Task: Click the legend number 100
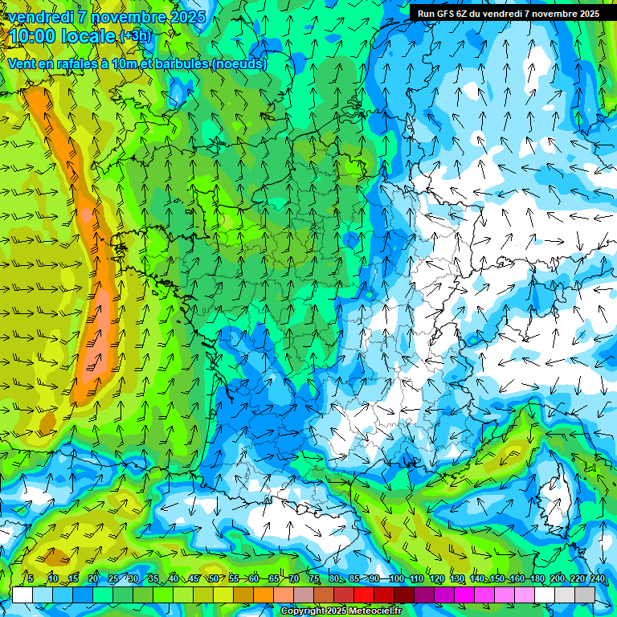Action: pyautogui.click(x=397, y=578)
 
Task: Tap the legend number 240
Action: pyautogui.click(x=598, y=578)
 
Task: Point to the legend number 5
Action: pyautogui.click(x=31, y=578)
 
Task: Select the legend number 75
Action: pyautogui.click(x=314, y=578)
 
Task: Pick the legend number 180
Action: pyautogui.click(x=537, y=578)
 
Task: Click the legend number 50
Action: pyautogui.click(x=213, y=578)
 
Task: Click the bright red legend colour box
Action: pyautogui.click(x=364, y=595)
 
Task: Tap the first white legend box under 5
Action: pyautogui.click(x=22, y=595)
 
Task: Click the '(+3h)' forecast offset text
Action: pyautogui.click(x=134, y=36)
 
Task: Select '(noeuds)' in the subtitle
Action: pyautogui.click(x=239, y=64)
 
